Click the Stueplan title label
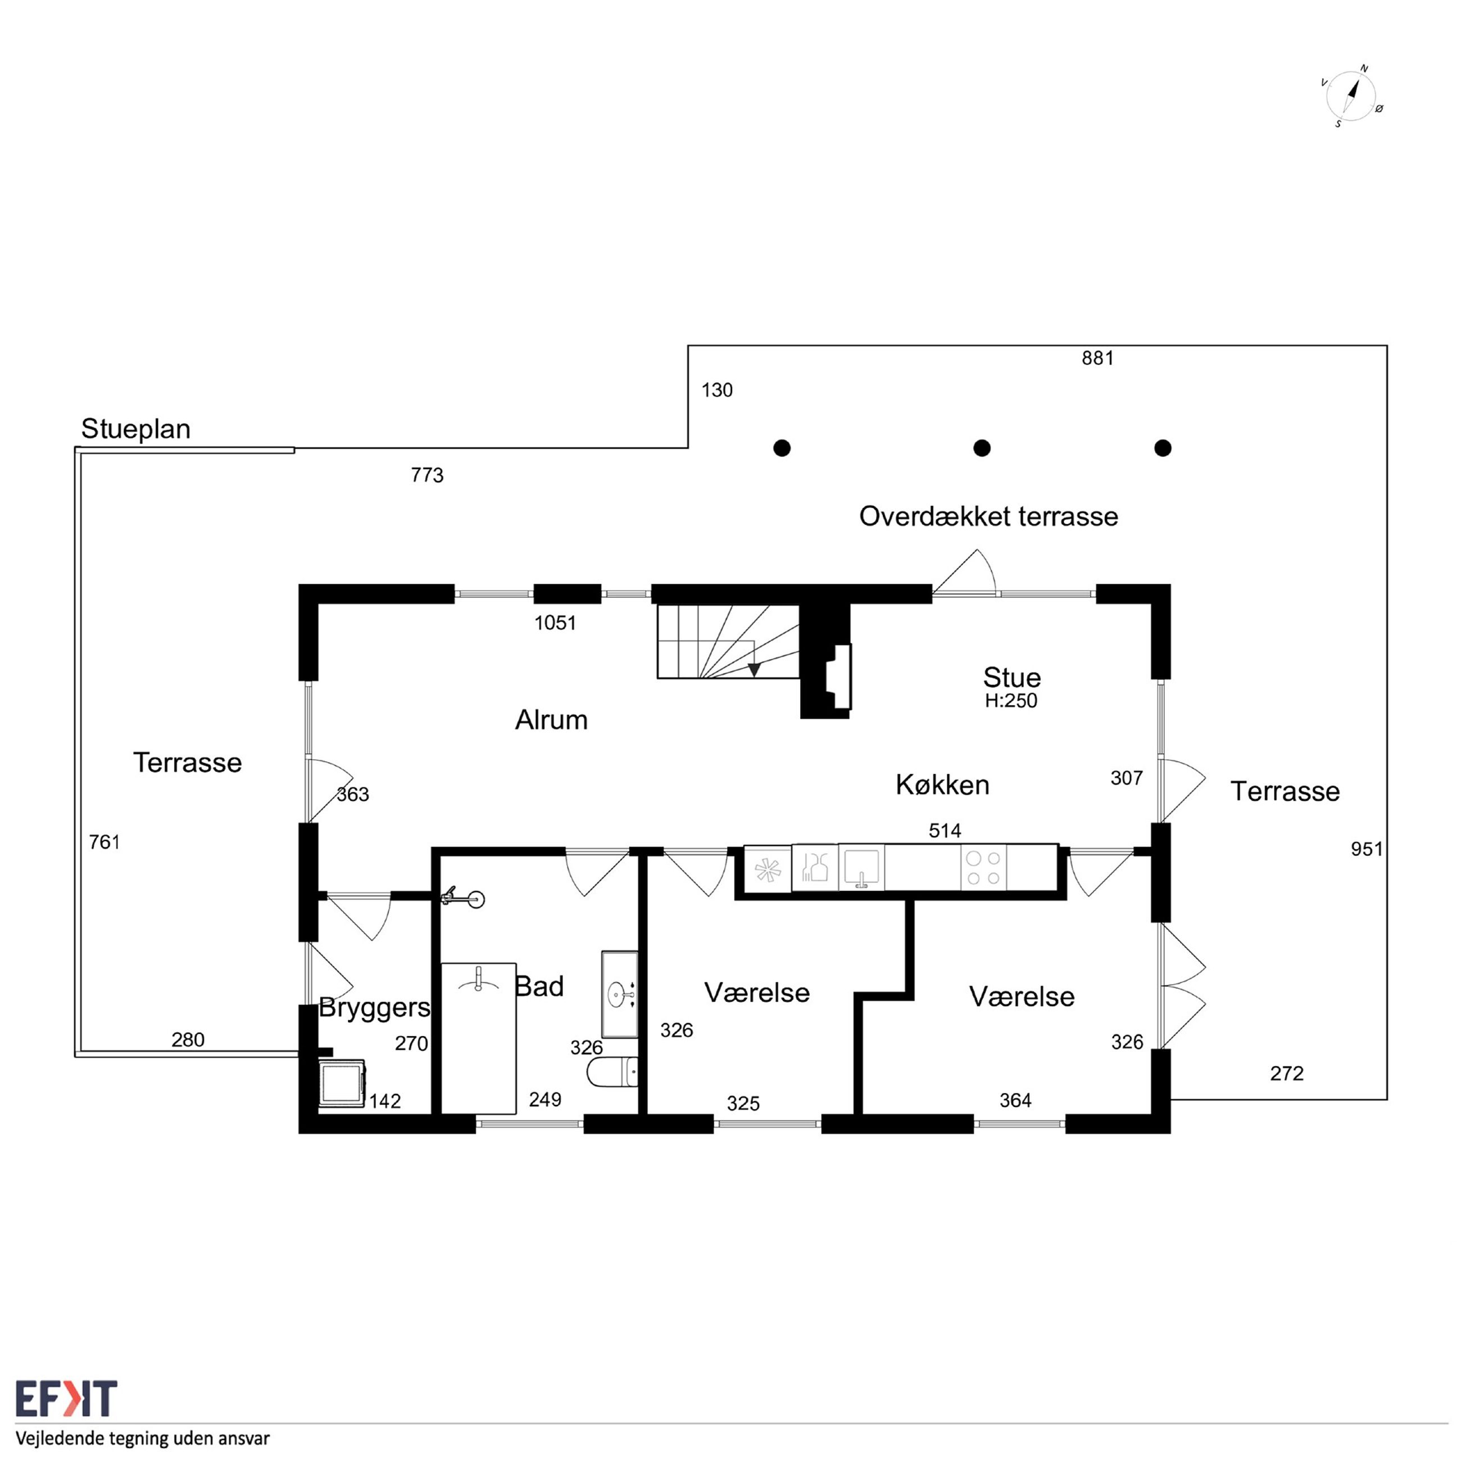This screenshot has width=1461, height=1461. click(135, 429)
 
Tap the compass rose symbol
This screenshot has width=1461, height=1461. click(1351, 97)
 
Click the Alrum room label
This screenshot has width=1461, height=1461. click(551, 720)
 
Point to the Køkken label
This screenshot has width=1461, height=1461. click(942, 785)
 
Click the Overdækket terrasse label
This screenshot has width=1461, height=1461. click(988, 516)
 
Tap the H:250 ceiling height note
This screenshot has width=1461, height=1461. click(1011, 701)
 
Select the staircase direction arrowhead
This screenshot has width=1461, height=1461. click(754, 669)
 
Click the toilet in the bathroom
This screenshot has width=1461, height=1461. click(612, 1072)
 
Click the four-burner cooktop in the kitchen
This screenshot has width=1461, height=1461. click(984, 868)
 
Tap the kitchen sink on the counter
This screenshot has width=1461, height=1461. click(861, 868)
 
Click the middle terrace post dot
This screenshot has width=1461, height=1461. click(982, 448)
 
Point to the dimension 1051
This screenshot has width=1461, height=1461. click(555, 623)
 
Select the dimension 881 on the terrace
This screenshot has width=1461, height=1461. click(1097, 359)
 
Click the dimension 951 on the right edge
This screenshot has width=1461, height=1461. click(1367, 849)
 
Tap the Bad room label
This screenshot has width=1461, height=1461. click(539, 987)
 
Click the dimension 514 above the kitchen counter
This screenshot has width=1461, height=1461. click(945, 831)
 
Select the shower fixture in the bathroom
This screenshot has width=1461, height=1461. click(463, 897)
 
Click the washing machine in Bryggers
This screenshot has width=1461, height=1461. click(342, 1083)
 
